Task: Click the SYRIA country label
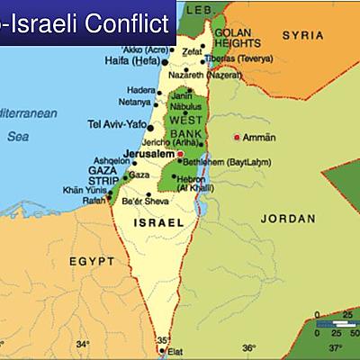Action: click(x=302, y=35)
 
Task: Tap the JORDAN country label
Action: click(x=288, y=219)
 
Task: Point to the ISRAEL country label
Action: click(x=158, y=221)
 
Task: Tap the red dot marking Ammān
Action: click(x=238, y=138)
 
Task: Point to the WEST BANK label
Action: click(x=185, y=126)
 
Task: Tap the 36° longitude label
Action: click(x=248, y=347)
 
